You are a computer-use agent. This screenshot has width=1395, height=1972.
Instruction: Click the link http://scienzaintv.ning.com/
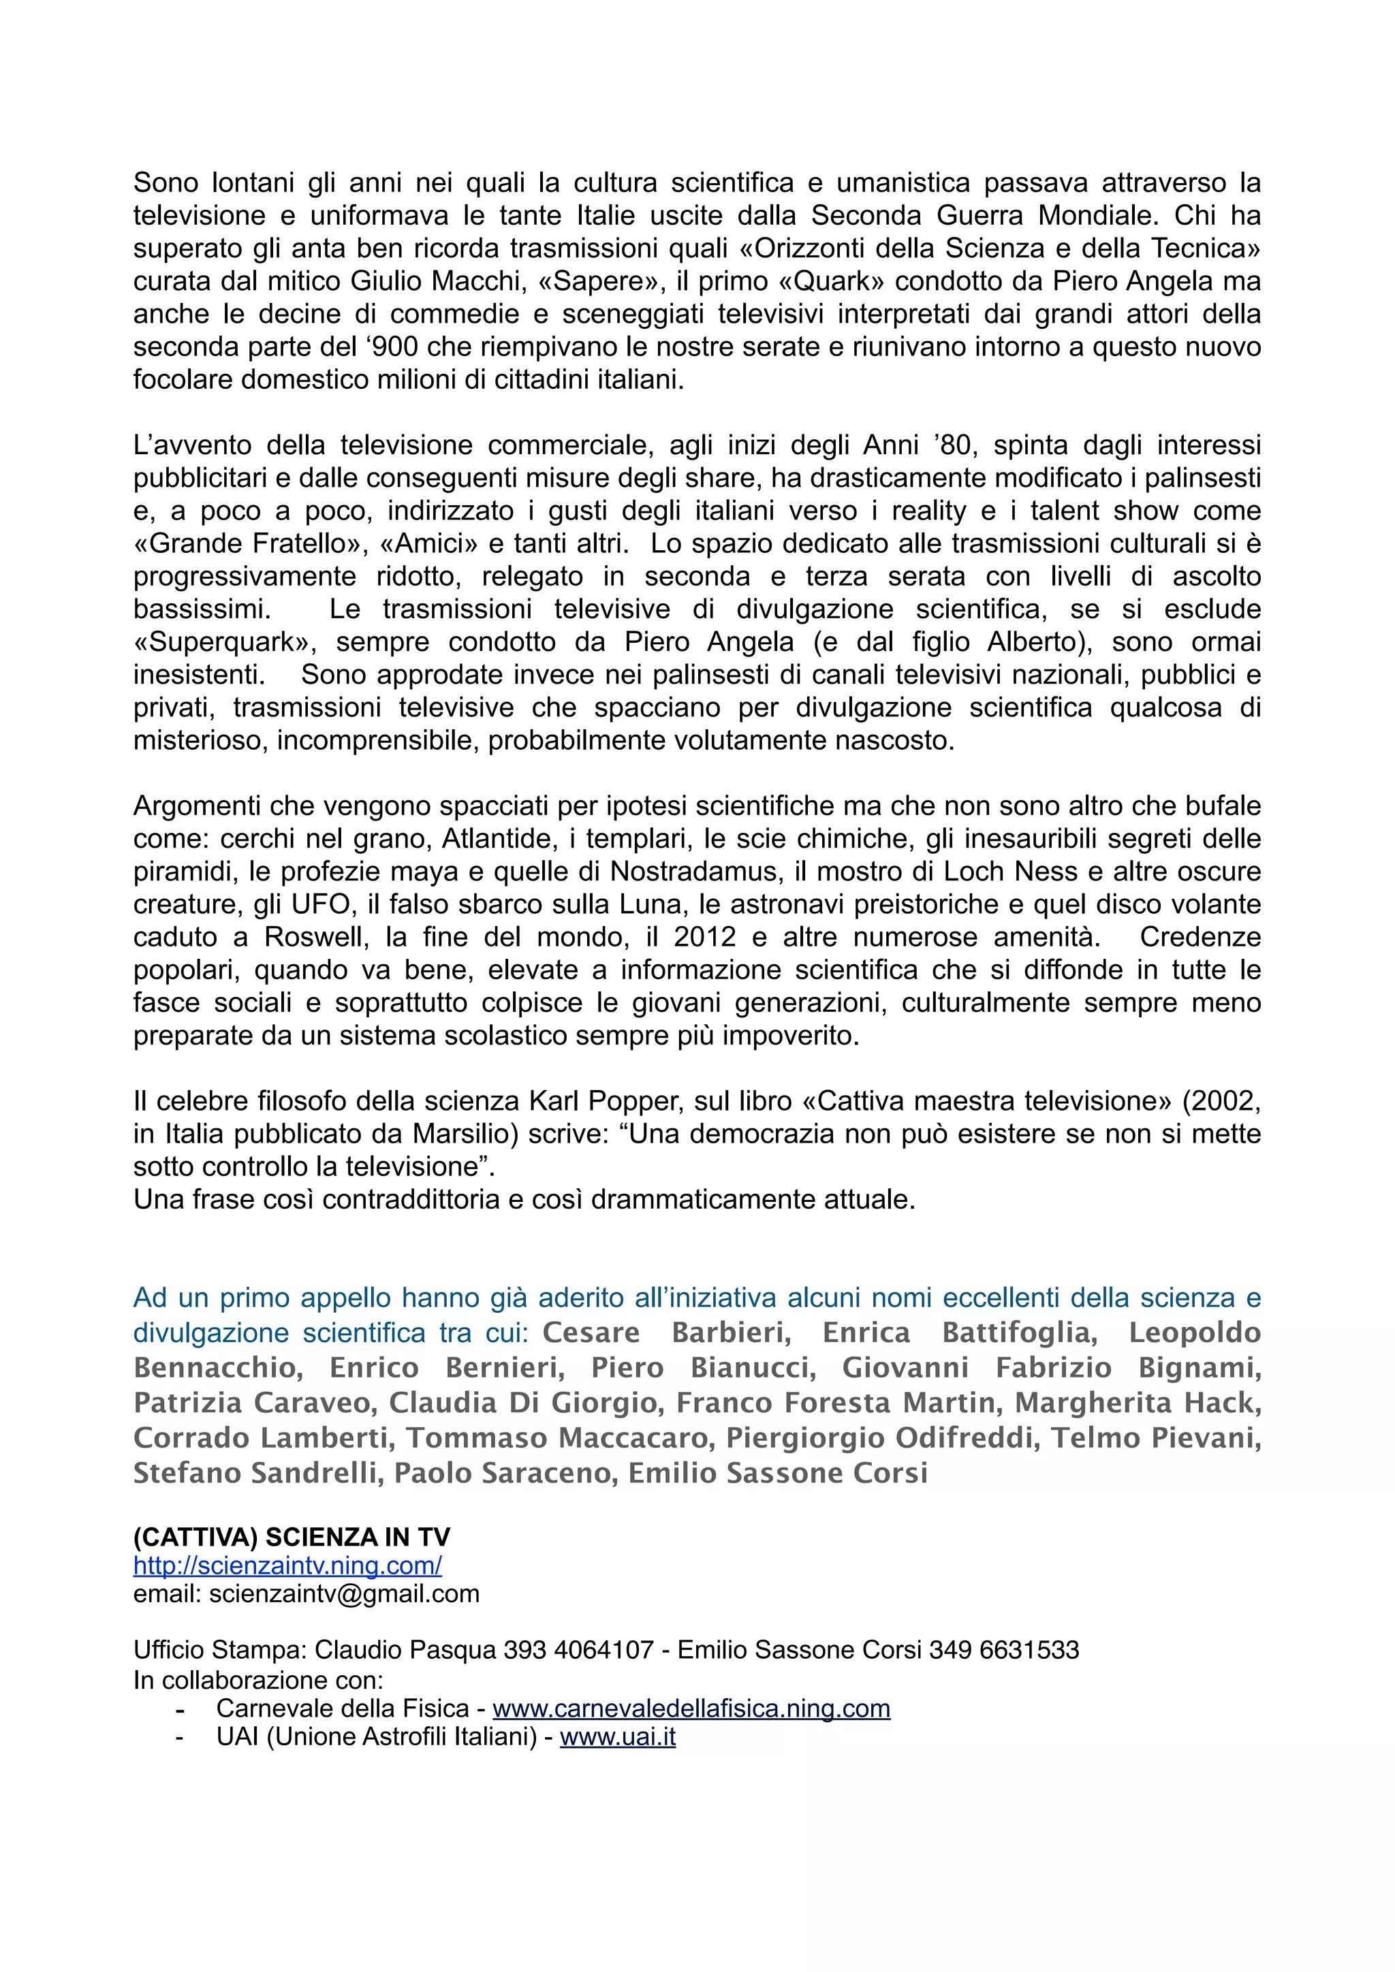click(x=287, y=1565)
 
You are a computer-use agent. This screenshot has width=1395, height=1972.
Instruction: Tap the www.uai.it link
click(x=618, y=1736)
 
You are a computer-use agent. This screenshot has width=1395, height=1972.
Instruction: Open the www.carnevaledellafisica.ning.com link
click(x=691, y=1708)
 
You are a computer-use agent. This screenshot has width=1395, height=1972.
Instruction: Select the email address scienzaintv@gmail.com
click(x=343, y=1594)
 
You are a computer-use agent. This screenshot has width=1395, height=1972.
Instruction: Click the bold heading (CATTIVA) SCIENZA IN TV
click(x=292, y=1537)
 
